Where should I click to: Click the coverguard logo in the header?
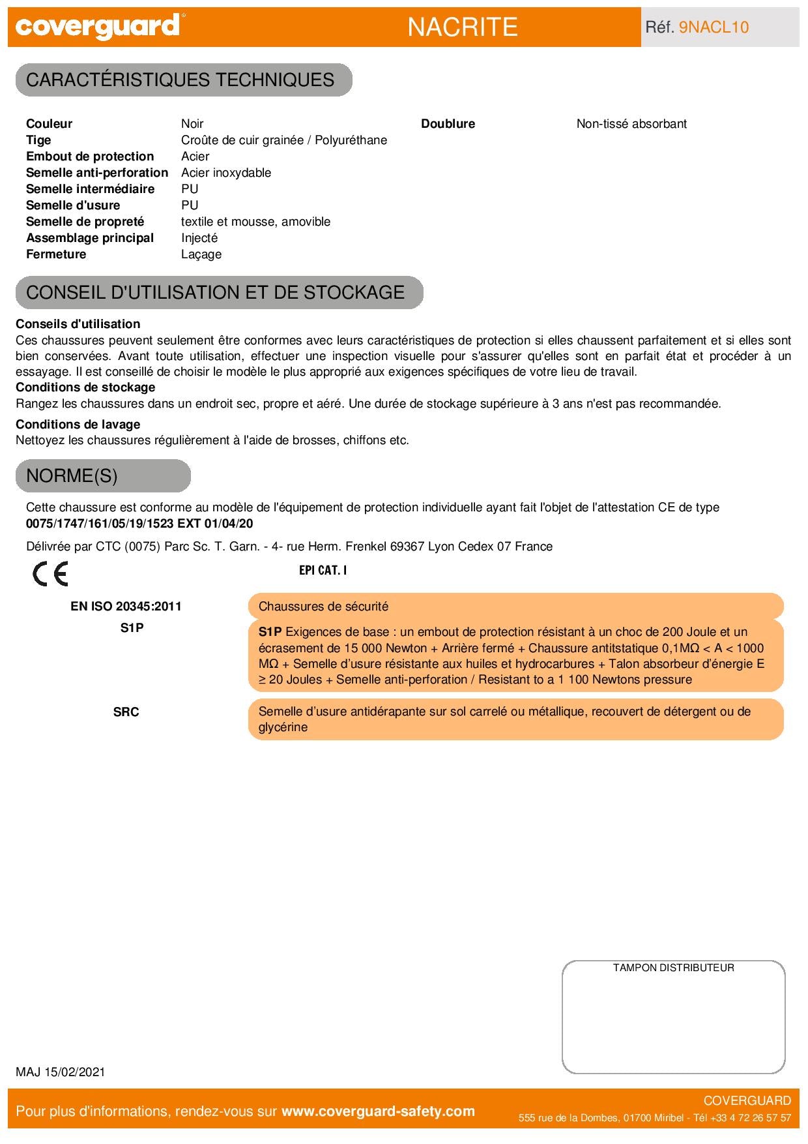point(98,27)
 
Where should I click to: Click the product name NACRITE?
point(463,27)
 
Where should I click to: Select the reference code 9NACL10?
point(714,27)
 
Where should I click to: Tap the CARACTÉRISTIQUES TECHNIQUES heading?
point(180,80)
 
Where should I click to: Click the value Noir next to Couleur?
point(192,124)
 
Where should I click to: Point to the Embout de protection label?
point(90,157)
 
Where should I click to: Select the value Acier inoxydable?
point(226,173)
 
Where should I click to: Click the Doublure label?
point(448,124)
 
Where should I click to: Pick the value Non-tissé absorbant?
point(631,124)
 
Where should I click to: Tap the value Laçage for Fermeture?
point(201,254)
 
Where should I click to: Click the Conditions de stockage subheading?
point(85,387)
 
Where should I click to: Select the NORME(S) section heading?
point(72,476)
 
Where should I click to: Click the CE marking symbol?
point(50,574)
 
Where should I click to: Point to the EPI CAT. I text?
point(323,570)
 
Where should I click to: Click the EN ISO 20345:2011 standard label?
point(126,607)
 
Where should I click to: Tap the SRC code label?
point(126,712)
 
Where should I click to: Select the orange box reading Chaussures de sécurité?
point(515,607)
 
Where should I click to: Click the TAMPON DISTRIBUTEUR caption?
point(673,968)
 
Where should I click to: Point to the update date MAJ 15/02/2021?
point(60,1072)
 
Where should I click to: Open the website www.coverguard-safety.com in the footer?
point(378,1111)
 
